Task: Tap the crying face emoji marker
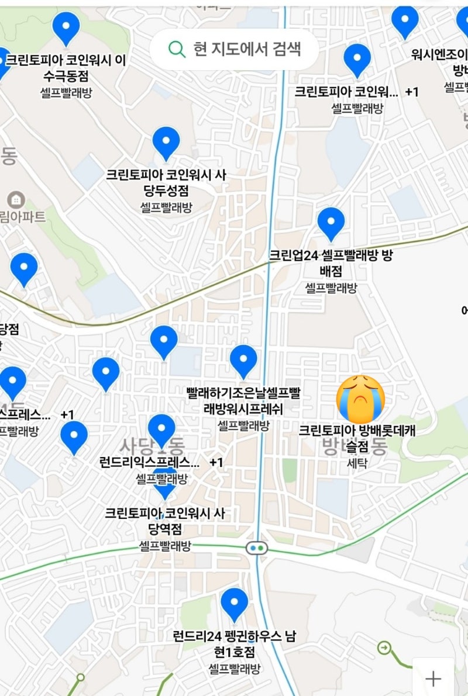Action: [x=360, y=399]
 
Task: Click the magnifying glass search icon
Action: [x=176, y=49]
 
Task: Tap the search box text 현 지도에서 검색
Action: [x=247, y=49]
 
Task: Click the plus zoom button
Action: [x=433, y=678]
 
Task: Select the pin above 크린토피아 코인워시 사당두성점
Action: [x=166, y=142]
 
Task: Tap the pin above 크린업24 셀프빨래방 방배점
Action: [x=331, y=223]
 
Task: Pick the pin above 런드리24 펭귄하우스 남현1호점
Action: [x=235, y=604]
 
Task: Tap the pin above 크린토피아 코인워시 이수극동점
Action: [x=66, y=27]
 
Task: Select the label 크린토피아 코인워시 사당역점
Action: [x=164, y=521]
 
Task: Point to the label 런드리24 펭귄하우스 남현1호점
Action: [x=235, y=643]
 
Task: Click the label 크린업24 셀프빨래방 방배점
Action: [x=331, y=263]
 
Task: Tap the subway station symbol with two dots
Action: [x=256, y=548]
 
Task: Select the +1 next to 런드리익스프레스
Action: [x=216, y=463]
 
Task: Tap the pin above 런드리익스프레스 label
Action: [x=161, y=430]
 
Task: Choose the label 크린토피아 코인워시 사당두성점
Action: [x=166, y=182]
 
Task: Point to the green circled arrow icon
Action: [x=384, y=647]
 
